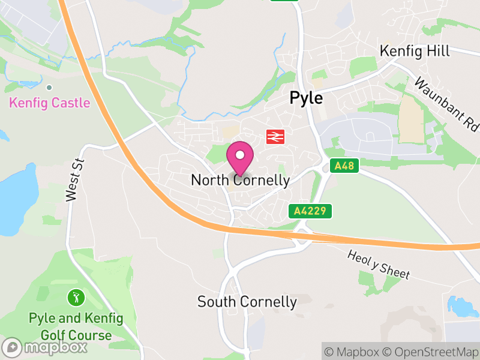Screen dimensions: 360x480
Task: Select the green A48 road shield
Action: (x=344, y=166)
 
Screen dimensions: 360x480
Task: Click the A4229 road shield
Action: (x=310, y=211)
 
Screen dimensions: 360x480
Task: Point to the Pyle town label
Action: (x=306, y=98)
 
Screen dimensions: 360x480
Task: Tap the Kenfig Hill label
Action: (x=415, y=51)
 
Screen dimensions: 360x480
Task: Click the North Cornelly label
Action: (x=240, y=180)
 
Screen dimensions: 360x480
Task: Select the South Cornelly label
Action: (x=247, y=302)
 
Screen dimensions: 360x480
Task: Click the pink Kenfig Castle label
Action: (x=49, y=103)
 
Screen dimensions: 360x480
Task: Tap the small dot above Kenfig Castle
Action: (x=49, y=88)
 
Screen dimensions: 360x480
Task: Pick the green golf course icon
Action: (x=76, y=296)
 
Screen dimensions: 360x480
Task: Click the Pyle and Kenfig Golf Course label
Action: (x=76, y=326)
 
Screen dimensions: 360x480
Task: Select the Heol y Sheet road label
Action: (x=379, y=265)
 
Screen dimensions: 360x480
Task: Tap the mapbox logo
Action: (x=46, y=347)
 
